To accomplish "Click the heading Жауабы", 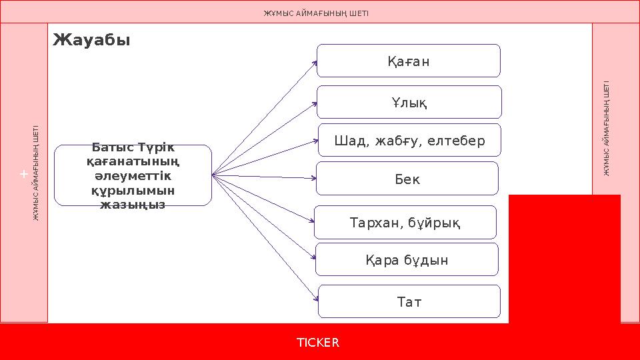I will [x=91, y=41].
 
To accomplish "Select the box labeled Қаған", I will [x=408, y=61].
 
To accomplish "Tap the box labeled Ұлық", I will [x=409, y=103].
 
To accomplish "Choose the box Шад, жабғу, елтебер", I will [x=409, y=141].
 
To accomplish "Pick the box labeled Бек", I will [x=407, y=179].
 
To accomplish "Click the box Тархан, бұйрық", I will [x=405, y=223].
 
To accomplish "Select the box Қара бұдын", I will [x=407, y=260].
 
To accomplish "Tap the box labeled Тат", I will [x=409, y=302].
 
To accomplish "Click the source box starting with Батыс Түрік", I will [x=133, y=175].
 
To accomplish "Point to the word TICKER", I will [x=318, y=343].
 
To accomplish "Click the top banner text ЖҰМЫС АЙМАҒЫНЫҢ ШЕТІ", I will [x=317, y=13].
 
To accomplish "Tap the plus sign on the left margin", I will [x=23, y=174].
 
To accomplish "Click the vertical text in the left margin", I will [x=37, y=173].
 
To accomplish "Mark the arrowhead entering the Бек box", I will [x=313, y=179].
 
